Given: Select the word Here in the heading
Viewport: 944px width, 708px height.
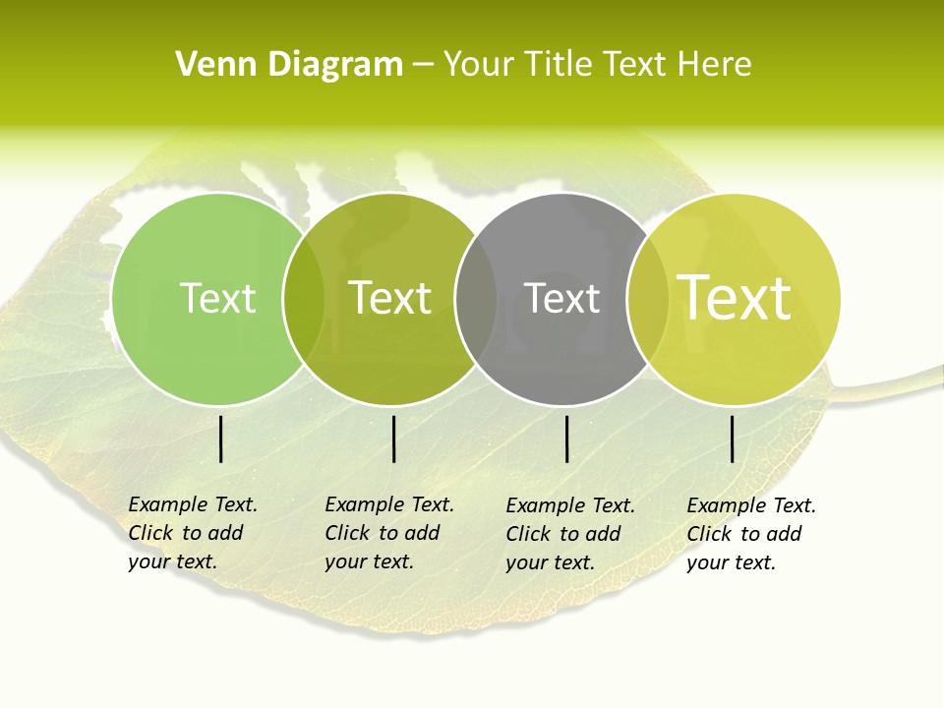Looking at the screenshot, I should [715, 65].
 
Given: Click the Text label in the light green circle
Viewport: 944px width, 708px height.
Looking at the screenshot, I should [217, 298].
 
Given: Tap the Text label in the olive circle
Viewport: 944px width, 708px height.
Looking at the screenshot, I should [390, 298].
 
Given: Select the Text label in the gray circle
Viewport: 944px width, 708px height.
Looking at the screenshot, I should [561, 298].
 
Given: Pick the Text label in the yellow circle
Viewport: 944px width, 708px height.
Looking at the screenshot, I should [735, 298].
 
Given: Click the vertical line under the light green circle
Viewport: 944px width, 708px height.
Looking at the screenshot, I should [221, 439].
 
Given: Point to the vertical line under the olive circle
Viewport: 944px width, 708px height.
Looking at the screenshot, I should [393, 439].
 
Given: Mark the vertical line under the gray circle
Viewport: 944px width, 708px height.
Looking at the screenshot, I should [567, 439].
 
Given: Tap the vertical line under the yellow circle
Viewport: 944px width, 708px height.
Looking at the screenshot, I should [733, 439].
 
